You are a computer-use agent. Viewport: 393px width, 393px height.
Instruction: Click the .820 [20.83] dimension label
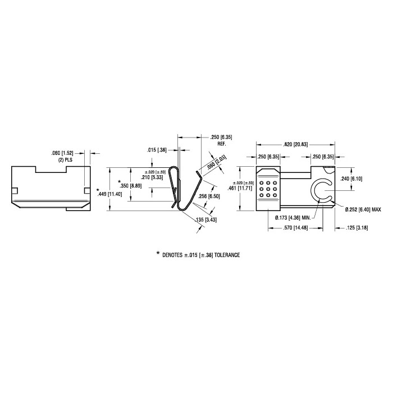click(295, 145)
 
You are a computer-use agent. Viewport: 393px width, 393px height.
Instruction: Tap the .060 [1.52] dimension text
click(62, 153)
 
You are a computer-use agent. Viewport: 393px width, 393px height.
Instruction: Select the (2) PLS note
click(65, 159)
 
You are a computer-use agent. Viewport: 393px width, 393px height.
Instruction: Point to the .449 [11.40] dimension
click(110, 194)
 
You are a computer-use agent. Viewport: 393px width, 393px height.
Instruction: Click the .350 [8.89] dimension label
click(131, 186)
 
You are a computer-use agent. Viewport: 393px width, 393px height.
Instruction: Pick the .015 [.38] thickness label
click(157, 150)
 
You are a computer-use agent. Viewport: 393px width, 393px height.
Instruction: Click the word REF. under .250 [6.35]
click(222, 144)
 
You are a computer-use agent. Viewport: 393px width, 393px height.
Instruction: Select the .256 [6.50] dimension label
click(209, 196)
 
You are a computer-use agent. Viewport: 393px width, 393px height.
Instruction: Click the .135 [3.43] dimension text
click(206, 220)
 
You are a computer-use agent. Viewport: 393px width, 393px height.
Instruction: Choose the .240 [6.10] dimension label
click(351, 179)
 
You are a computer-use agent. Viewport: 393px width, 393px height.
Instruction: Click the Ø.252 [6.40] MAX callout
click(363, 209)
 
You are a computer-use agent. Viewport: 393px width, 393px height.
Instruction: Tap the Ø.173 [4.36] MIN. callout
click(293, 218)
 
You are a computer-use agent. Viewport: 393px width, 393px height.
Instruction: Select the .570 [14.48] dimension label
click(295, 228)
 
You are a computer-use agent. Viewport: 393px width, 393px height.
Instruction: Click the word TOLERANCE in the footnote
click(227, 255)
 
